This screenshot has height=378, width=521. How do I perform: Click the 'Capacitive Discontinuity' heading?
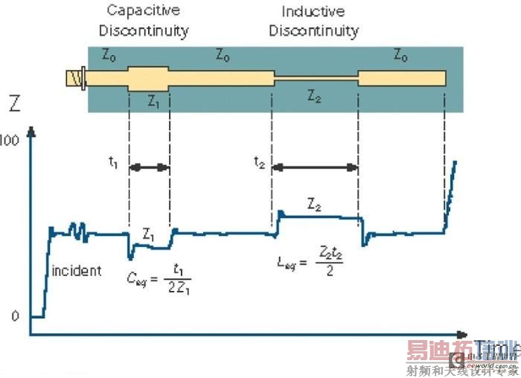(147, 21)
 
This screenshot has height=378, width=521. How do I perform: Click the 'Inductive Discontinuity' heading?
(313, 21)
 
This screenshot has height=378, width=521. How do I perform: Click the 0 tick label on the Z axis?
(14, 316)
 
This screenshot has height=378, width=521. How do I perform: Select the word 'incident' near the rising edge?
(76, 270)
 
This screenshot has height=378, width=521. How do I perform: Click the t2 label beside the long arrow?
(258, 164)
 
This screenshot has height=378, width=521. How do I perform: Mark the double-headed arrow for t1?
(149, 168)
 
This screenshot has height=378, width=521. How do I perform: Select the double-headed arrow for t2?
(315, 168)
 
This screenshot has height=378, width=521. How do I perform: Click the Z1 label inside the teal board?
(153, 101)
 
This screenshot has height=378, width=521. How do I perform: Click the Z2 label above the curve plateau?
(314, 203)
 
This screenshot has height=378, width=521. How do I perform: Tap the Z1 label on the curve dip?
(149, 237)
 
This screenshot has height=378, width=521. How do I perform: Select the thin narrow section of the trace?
(315, 77)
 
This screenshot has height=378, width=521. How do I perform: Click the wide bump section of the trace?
(149, 77)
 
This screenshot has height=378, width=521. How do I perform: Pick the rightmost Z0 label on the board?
(400, 57)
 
